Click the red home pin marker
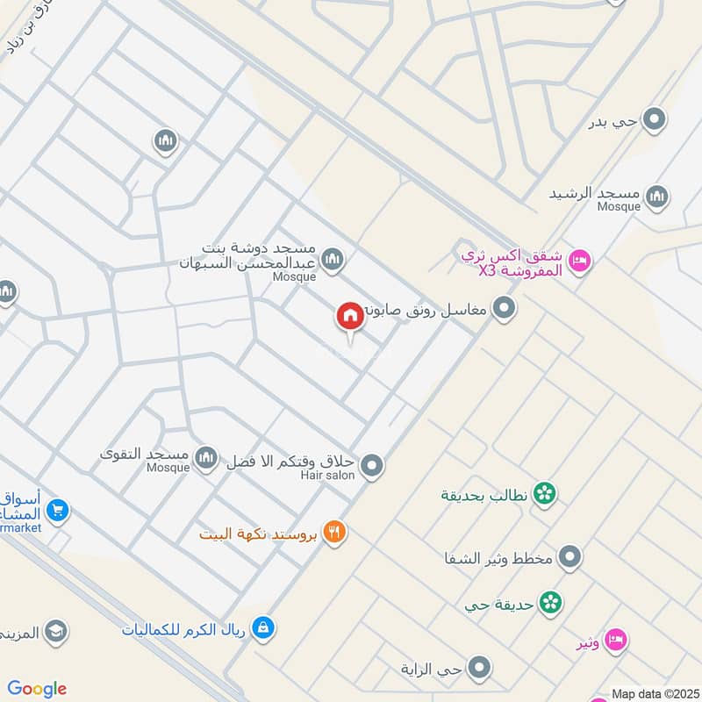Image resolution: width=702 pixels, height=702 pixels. (350, 317)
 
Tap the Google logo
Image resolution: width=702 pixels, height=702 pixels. (37, 689)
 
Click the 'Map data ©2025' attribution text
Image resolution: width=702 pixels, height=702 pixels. (655, 693)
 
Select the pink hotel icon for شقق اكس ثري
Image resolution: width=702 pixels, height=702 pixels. (579, 261)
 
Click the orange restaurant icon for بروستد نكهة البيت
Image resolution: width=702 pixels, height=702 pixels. (333, 532)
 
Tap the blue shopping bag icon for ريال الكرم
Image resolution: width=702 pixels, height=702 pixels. (261, 627)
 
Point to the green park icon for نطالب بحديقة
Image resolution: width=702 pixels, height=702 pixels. (545, 494)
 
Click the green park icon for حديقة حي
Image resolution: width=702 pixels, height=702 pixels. (551, 603)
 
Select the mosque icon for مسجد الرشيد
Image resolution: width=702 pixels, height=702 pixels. (656, 197)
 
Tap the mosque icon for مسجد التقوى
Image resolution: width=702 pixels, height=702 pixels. (206, 457)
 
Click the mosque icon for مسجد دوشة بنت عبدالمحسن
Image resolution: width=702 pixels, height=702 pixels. (332, 259)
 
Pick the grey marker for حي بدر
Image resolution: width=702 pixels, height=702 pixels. (654, 119)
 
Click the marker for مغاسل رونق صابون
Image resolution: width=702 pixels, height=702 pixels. (504, 308)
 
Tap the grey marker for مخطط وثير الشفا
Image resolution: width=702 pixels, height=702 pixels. (570, 557)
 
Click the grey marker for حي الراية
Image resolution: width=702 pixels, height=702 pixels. (479, 669)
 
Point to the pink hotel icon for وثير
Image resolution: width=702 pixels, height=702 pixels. (616, 640)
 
